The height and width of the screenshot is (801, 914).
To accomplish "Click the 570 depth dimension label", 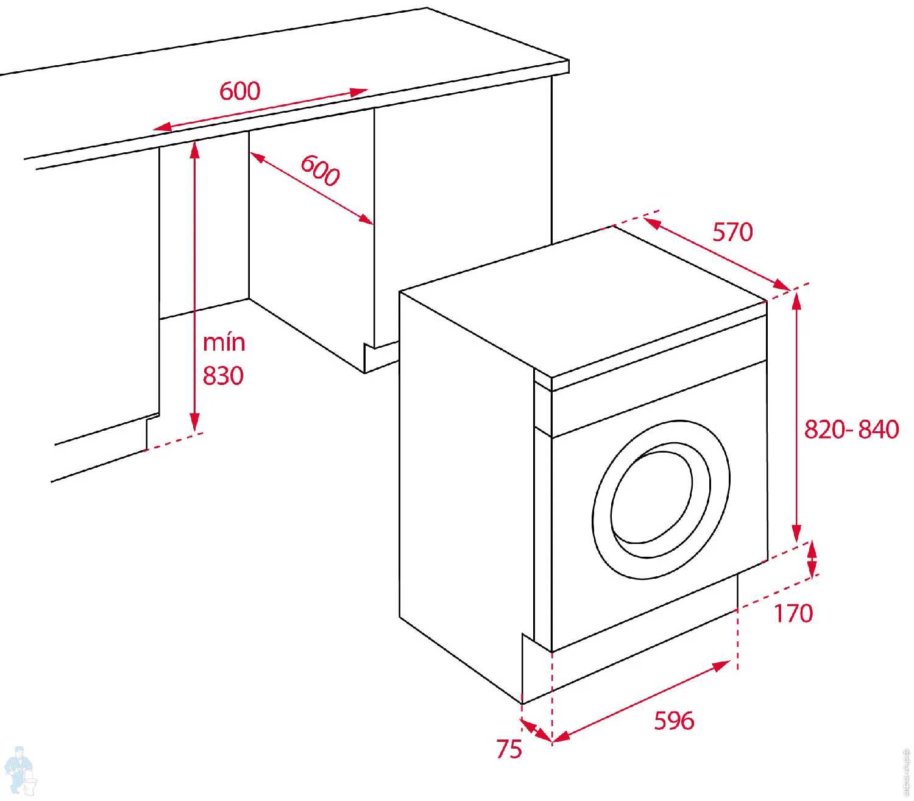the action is [732, 232].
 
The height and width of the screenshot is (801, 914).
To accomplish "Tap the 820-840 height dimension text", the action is [851, 429].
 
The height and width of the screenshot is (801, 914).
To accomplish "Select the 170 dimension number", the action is [793, 613].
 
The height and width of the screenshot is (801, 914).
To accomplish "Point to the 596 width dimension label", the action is [674, 720].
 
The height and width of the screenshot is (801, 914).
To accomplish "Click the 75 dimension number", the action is [509, 749].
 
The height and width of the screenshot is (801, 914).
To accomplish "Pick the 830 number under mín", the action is [223, 376].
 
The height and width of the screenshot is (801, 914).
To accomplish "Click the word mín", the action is [224, 342].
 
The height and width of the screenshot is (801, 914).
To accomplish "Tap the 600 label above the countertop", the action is [239, 91].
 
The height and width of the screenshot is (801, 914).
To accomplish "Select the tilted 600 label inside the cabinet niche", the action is [320, 171].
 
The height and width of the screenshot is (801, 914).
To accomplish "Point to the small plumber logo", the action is [20, 771].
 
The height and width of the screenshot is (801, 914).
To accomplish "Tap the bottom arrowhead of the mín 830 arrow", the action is [194, 423].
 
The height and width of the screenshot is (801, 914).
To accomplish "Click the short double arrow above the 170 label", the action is [812, 559].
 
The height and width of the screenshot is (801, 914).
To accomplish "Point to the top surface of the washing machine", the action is [583, 302].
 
